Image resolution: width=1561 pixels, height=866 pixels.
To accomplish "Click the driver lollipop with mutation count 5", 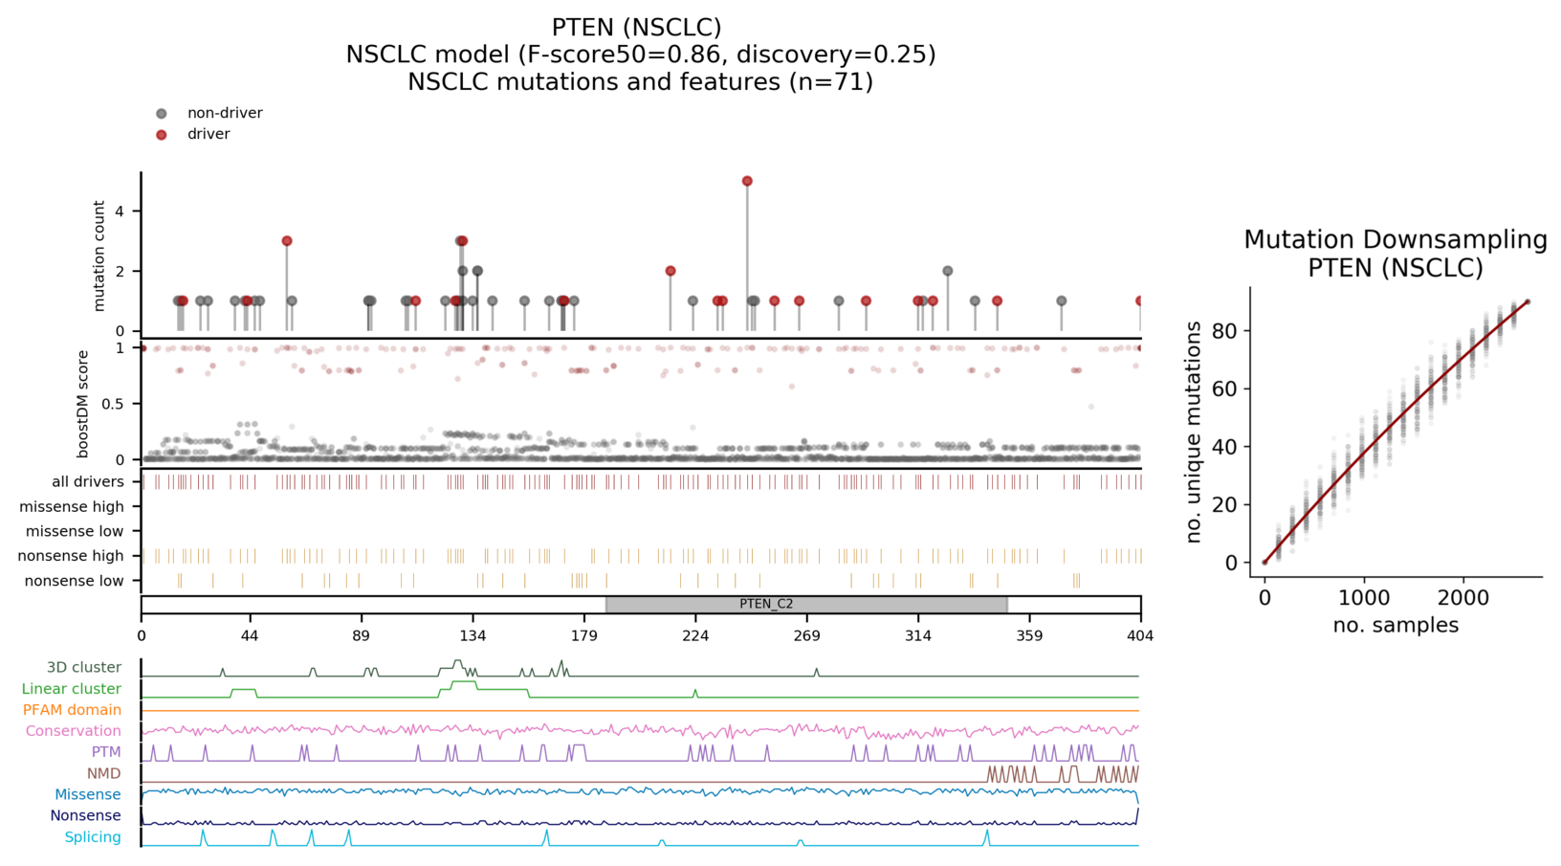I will tap(747, 181).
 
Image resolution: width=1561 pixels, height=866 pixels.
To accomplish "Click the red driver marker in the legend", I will tap(162, 135).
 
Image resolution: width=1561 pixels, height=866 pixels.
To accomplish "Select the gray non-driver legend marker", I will tap(162, 114).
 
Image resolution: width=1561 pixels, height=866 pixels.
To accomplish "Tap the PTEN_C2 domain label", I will tap(766, 604).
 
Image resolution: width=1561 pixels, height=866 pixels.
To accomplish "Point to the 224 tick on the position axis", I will tap(695, 635).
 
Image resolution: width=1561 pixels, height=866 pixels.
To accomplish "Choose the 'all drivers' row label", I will tap(88, 481).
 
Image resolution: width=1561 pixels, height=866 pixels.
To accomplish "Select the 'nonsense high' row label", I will tap(71, 556).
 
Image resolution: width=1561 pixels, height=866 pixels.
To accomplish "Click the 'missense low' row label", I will tap(75, 531).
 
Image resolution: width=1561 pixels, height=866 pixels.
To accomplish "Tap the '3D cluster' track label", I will tap(84, 667).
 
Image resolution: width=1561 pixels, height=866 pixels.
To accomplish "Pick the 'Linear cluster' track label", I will tap(72, 689).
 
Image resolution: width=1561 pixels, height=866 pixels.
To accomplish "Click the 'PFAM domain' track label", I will tap(72, 710).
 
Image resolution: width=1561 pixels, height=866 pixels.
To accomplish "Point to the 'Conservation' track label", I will tap(74, 731).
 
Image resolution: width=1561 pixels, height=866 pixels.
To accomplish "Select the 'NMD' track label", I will tap(104, 773).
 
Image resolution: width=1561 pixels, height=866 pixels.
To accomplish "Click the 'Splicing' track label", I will tap(93, 837).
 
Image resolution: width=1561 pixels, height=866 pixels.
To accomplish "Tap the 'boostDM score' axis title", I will tap(83, 404).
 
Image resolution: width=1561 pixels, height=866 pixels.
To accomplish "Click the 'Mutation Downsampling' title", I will tap(1396, 240).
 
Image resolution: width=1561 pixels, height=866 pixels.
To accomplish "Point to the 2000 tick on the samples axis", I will tap(1463, 598).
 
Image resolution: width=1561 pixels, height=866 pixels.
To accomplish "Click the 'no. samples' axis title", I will tap(1396, 626).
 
